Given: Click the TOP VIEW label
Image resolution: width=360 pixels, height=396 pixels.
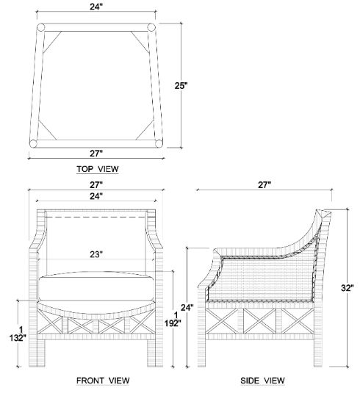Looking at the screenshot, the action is pos(98,169).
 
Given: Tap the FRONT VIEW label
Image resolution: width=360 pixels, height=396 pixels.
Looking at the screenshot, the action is pos(103,381).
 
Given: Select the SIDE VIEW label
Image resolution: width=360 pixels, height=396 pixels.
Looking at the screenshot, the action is pos(262,381).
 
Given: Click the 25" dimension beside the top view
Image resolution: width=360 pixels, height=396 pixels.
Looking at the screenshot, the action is pos(181,86).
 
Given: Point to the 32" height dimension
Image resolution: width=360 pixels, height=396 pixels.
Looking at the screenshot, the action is pos(347,288).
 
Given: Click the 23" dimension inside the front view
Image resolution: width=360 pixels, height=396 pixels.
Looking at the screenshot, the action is pos(96,254).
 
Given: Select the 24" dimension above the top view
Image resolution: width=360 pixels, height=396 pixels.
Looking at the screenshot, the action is pos(96,7).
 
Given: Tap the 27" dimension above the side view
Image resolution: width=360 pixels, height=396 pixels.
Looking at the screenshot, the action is pos(264,185).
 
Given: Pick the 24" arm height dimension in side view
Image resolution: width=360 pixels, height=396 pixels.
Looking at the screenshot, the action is pos(187,308).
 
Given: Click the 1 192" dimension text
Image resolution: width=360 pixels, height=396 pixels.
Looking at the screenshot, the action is pos(173,320).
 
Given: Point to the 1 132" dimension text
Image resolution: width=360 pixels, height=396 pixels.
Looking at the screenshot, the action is pos(18,334).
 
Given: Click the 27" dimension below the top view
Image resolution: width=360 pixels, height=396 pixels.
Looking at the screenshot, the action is pos(96,154).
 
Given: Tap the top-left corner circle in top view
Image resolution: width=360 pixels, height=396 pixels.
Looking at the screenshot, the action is pos(40,27).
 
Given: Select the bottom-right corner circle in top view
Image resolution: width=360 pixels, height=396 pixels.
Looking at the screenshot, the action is pos(159,143).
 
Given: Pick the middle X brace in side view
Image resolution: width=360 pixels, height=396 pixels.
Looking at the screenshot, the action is pos(259,321).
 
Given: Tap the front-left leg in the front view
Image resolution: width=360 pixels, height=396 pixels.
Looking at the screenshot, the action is pos(37,353).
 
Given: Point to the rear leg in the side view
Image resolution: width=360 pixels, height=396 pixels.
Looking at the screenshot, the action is pos(318,353).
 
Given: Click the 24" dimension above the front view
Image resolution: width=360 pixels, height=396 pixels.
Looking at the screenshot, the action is pos(96,196).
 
